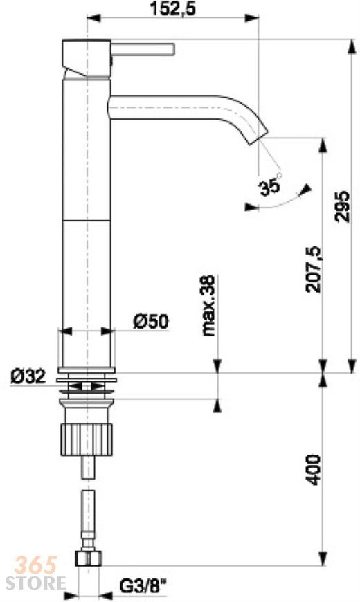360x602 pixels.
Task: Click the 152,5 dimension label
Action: point(172,9)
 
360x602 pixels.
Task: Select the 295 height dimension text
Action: point(342,206)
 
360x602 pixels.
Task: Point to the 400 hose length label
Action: point(314,470)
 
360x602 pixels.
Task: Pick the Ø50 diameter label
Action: point(151,322)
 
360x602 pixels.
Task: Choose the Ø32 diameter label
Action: point(28,376)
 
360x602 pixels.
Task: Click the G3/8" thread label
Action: point(143,586)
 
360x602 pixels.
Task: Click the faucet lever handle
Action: point(143,50)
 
